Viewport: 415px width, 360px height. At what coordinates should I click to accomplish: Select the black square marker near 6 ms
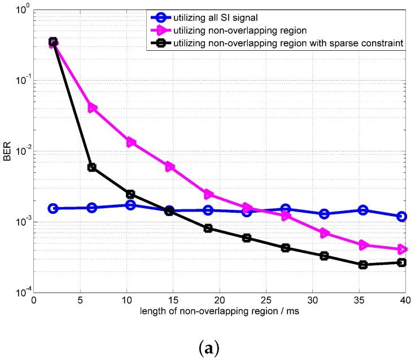tap(92, 168)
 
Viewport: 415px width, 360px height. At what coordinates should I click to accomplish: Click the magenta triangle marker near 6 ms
tap(92, 108)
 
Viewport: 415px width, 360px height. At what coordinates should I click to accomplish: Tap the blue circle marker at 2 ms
tap(53, 208)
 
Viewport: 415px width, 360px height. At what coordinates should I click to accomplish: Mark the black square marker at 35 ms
tap(363, 265)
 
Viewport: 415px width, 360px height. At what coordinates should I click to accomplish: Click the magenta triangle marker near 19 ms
tap(208, 194)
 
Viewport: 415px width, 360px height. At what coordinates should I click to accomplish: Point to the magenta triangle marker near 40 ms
tap(402, 249)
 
